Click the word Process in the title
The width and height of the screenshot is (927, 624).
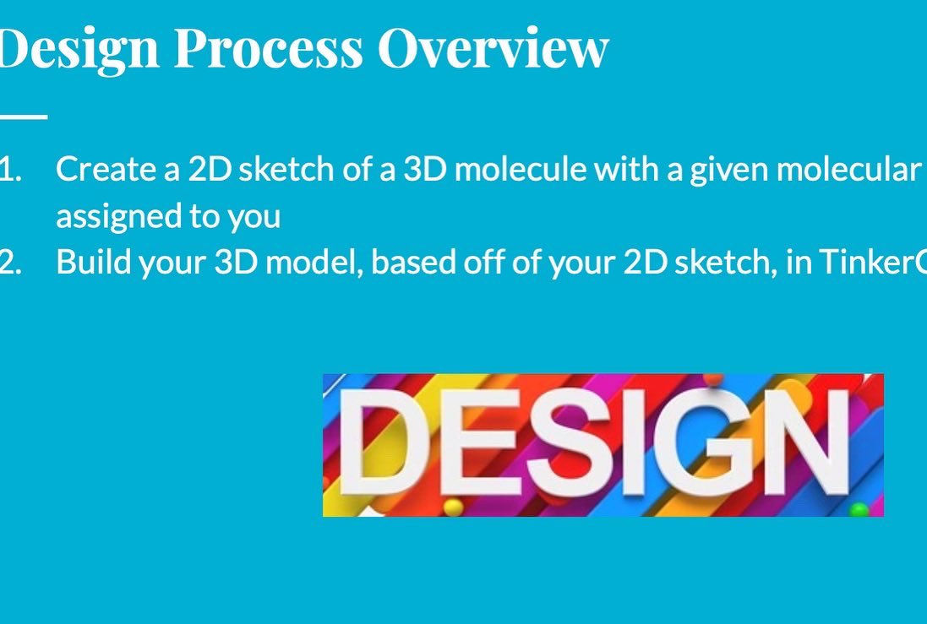[x=268, y=49]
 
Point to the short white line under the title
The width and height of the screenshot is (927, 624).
[x=23, y=117]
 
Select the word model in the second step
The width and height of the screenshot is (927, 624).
[x=313, y=263]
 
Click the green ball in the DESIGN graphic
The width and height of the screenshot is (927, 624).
[x=859, y=509]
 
